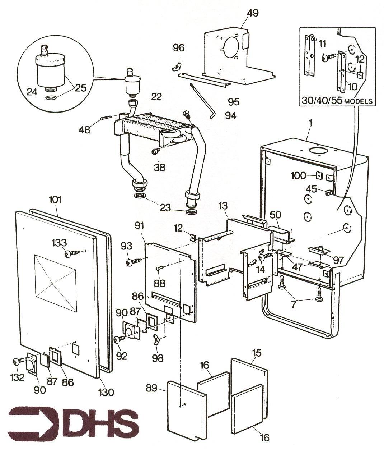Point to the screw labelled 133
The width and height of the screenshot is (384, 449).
tap(70, 254)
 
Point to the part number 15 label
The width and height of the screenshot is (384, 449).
tap(257, 353)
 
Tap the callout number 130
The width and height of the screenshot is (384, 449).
tap(107, 391)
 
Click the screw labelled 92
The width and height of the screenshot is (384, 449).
tap(119, 339)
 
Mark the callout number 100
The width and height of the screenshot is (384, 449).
tap(298, 176)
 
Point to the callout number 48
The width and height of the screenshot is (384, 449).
tap(84, 129)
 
